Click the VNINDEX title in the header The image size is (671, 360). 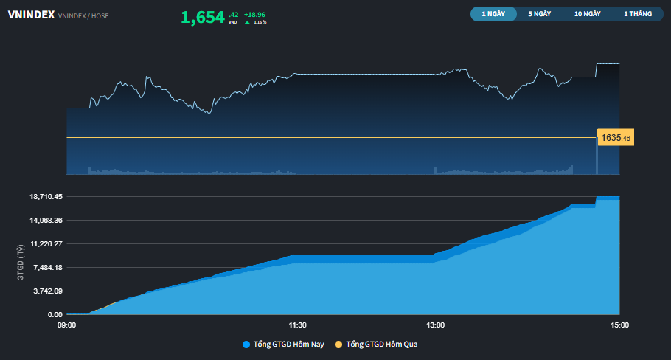click(x=30, y=14)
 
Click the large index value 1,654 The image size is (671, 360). click(x=203, y=17)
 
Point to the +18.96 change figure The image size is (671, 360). click(x=254, y=14)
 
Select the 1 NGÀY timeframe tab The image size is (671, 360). click(x=493, y=14)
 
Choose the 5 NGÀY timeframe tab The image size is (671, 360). click(x=540, y=14)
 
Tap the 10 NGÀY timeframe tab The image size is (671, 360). click(x=588, y=14)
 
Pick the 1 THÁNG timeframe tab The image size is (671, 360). click(x=637, y=14)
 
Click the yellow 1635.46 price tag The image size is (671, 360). click(x=616, y=138)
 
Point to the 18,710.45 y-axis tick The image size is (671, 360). click(x=46, y=197)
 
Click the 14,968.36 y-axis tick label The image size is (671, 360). click(x=46, y=221)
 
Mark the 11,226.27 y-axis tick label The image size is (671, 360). click(x=46, y=244)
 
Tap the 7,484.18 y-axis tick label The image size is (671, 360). click(x=47, y=268)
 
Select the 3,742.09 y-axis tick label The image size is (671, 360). click(x=47, y=291)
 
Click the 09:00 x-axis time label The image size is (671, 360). click(x=66, y=325)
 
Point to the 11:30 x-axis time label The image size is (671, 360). click(x=296, y=325)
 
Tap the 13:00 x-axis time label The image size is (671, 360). click(x=435, y=325)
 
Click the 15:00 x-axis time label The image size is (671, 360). click(x=619, y=325)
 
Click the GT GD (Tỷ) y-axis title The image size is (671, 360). click(x=21, y=262)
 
